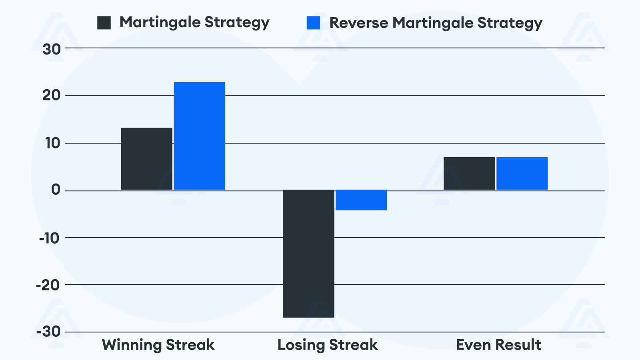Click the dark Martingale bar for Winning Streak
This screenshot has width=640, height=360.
147,159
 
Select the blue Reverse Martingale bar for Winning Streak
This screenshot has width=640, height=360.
200,136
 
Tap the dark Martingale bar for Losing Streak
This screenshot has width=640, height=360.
308,254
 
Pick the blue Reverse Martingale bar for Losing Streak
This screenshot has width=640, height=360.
361,200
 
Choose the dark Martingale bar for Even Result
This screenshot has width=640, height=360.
469,174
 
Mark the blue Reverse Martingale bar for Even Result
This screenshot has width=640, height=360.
522,174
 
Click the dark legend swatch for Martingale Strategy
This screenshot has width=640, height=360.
104,23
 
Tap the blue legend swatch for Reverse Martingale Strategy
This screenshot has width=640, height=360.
313,23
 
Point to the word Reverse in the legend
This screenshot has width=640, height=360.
358,23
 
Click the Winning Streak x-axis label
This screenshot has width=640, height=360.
158,345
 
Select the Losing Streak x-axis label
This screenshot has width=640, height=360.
327,345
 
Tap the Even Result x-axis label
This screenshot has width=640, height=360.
498,345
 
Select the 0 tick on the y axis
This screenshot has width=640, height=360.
56,190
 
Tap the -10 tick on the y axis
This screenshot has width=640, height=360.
49,238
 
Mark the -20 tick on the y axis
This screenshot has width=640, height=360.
48,285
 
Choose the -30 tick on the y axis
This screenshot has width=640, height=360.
48,332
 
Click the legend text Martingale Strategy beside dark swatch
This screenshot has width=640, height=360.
194,23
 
